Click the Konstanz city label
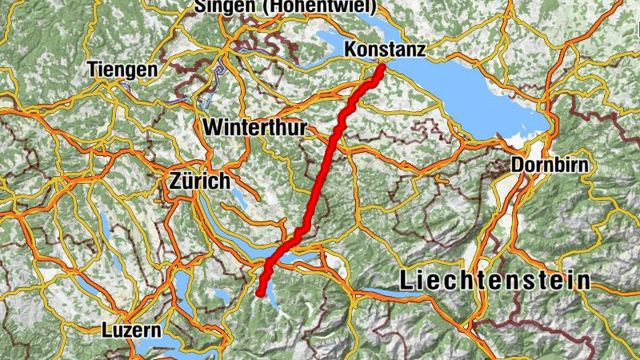click(x=384, y=50)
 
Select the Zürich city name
click(x=200, y=181)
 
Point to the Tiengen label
click(x=124, y=70)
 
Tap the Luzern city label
click(x=132, y=330)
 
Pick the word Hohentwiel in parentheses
click(x=313, y=6)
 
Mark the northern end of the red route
click(x=382, y=67)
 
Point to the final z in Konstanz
click(x=420, y=50)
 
